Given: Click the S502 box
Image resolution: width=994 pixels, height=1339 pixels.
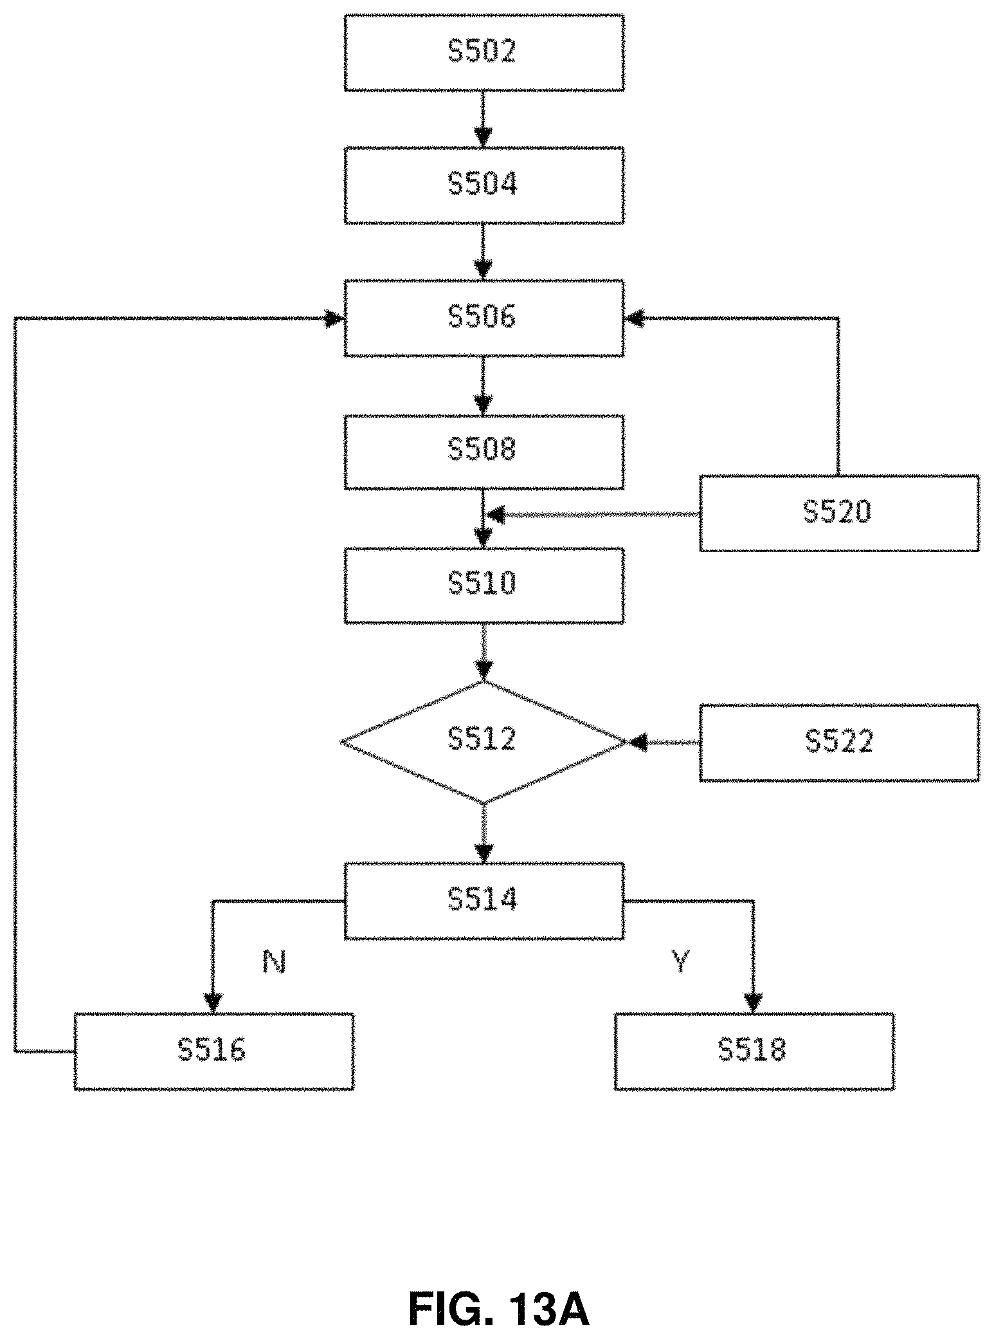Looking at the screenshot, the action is [483, 53].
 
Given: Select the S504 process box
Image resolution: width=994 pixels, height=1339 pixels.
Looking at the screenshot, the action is [483, 185].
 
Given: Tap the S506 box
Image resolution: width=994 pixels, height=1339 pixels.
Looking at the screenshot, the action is [483, 318].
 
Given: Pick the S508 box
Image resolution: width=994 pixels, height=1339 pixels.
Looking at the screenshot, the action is [483, 452].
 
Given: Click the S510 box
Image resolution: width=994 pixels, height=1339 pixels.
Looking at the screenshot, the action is [483, 585].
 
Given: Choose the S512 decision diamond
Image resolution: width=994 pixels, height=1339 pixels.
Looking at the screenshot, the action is [483, 742].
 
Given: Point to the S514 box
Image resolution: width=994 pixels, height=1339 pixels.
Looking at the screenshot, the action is [483, 901].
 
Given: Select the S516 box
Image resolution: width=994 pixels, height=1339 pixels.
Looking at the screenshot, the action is [213, 1051].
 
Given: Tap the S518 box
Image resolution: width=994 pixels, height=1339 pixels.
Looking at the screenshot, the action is [754, 1051].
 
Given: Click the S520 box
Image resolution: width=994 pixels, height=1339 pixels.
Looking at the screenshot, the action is [839, 513].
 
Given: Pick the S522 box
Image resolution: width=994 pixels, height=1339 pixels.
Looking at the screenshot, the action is [839, 743].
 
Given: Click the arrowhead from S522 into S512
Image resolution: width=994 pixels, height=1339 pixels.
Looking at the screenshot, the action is [638, 743].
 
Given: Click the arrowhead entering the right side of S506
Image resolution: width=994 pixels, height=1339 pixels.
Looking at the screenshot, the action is [634, 318].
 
